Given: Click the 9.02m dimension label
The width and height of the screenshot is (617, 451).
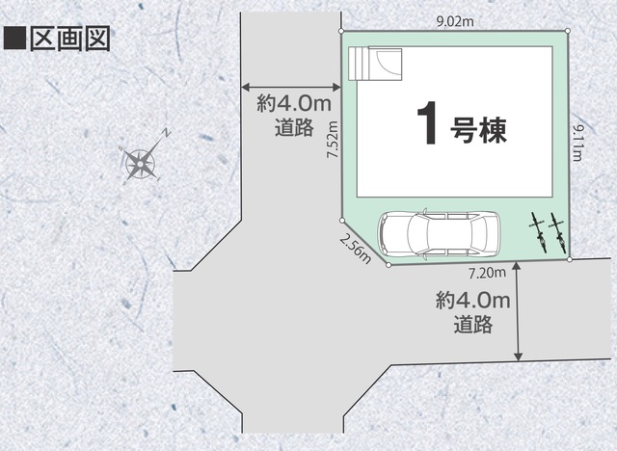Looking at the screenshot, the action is pyautogui.click(x=456, y=21).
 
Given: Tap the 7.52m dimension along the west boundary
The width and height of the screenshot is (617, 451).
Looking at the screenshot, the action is pyautogui.click(x=333, y=139).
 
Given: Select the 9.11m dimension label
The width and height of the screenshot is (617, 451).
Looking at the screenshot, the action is pyautogui.click(x=577, y=144).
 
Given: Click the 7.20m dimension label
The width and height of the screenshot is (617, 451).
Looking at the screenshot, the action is pyautogui.click(x=487, y=273).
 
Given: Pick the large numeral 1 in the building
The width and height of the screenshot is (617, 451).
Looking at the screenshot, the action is pyautogui.click(x=427, y=122).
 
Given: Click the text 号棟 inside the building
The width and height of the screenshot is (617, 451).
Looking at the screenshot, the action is pyautogui.click(x=478, y=130).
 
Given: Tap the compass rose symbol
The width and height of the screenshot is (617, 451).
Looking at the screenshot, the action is pyautogui.click(x=141, y=164).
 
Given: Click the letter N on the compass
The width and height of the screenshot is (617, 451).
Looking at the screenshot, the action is pyautogui.click(x=167, y=133).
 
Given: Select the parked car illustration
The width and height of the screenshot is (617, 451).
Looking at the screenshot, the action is pyautogui.click(x=440, y=235).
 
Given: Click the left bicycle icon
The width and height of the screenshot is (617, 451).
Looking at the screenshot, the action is pyautogui.click(x=538, y=233).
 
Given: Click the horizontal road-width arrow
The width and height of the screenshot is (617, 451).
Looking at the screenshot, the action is pyautogui.click(x=291, y=88).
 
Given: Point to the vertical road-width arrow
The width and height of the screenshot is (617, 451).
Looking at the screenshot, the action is pyautogui.click(x=519, y=311).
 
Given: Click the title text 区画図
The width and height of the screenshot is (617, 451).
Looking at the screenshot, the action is pyautogui.click(x=70, y=39).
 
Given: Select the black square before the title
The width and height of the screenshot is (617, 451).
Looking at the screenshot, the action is pyautogui.click(x=14, y=39).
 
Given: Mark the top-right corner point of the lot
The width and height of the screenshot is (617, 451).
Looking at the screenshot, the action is pyautogui.click(x=568, y=31).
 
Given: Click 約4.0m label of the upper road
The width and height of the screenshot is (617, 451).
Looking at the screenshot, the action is pyautogui.click(x=294, y=105).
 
